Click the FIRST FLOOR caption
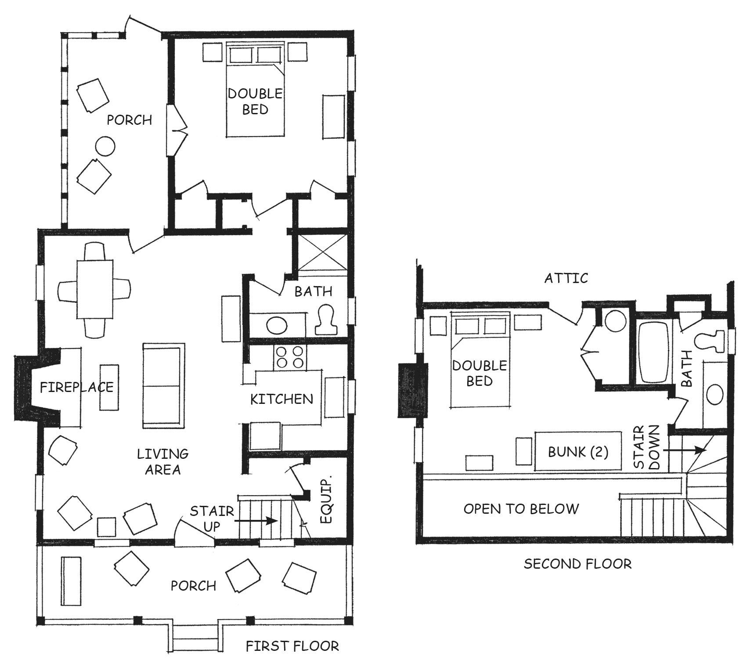[x=292, y=646]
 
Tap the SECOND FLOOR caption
[x=577, y=563]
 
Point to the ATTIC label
[x=566, y=278]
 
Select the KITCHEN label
[x=281, y=399]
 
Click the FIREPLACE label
[x=77, y=387]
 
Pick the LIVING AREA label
[x=162, y=461]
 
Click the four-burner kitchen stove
[x=290, y=357]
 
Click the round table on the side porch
[x=105, y=145]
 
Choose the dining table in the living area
[x=95, y=289]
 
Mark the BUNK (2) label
[x=578, y=452]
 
